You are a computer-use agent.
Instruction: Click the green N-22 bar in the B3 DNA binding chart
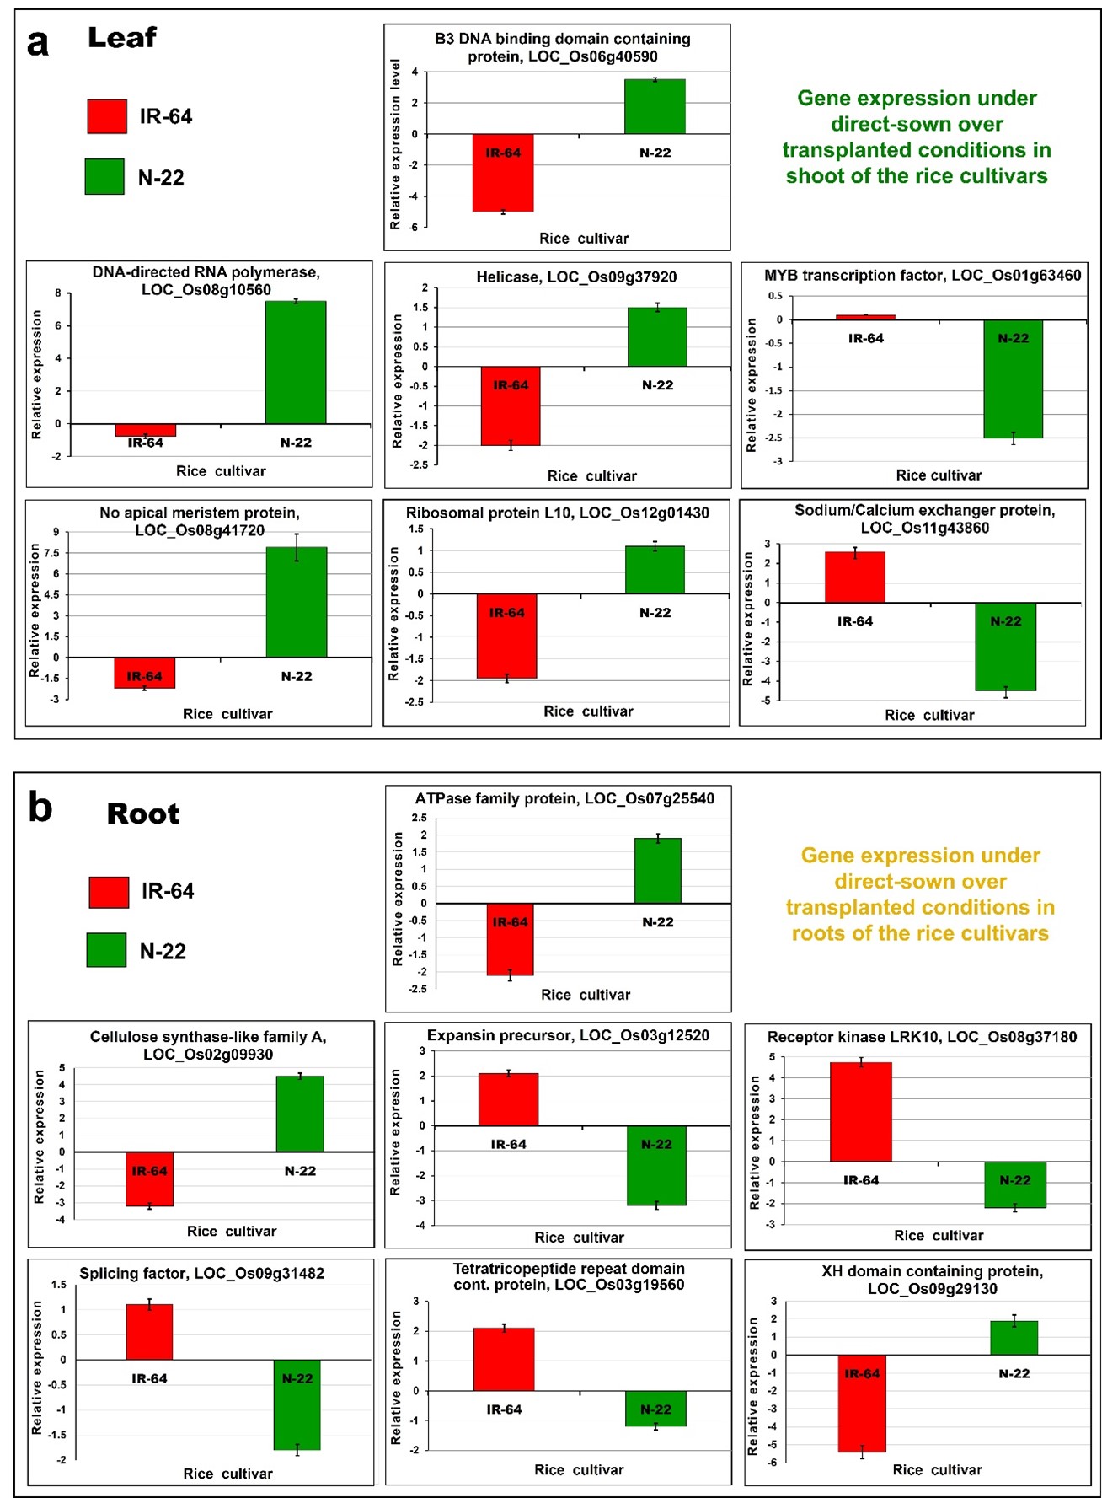point(655,106)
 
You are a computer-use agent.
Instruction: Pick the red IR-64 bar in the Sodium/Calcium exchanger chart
point(855,577)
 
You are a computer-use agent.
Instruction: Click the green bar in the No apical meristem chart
point(297,602)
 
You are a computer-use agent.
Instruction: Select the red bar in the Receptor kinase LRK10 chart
point(860,1112)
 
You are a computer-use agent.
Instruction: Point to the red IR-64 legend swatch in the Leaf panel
point(107,116)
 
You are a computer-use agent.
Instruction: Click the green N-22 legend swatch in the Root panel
point(107,950)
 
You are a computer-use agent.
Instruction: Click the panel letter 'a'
point(38,42)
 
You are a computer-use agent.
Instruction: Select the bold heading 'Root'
point(143,813)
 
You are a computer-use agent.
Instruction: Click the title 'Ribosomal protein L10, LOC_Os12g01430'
point(558,513)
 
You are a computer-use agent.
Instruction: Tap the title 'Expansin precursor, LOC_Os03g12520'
point(568,1035)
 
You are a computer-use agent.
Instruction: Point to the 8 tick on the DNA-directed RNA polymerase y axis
point(58,293)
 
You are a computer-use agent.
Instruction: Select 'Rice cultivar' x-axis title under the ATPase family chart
point(586,995)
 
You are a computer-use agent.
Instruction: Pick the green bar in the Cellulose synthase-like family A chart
point(300,1114)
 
